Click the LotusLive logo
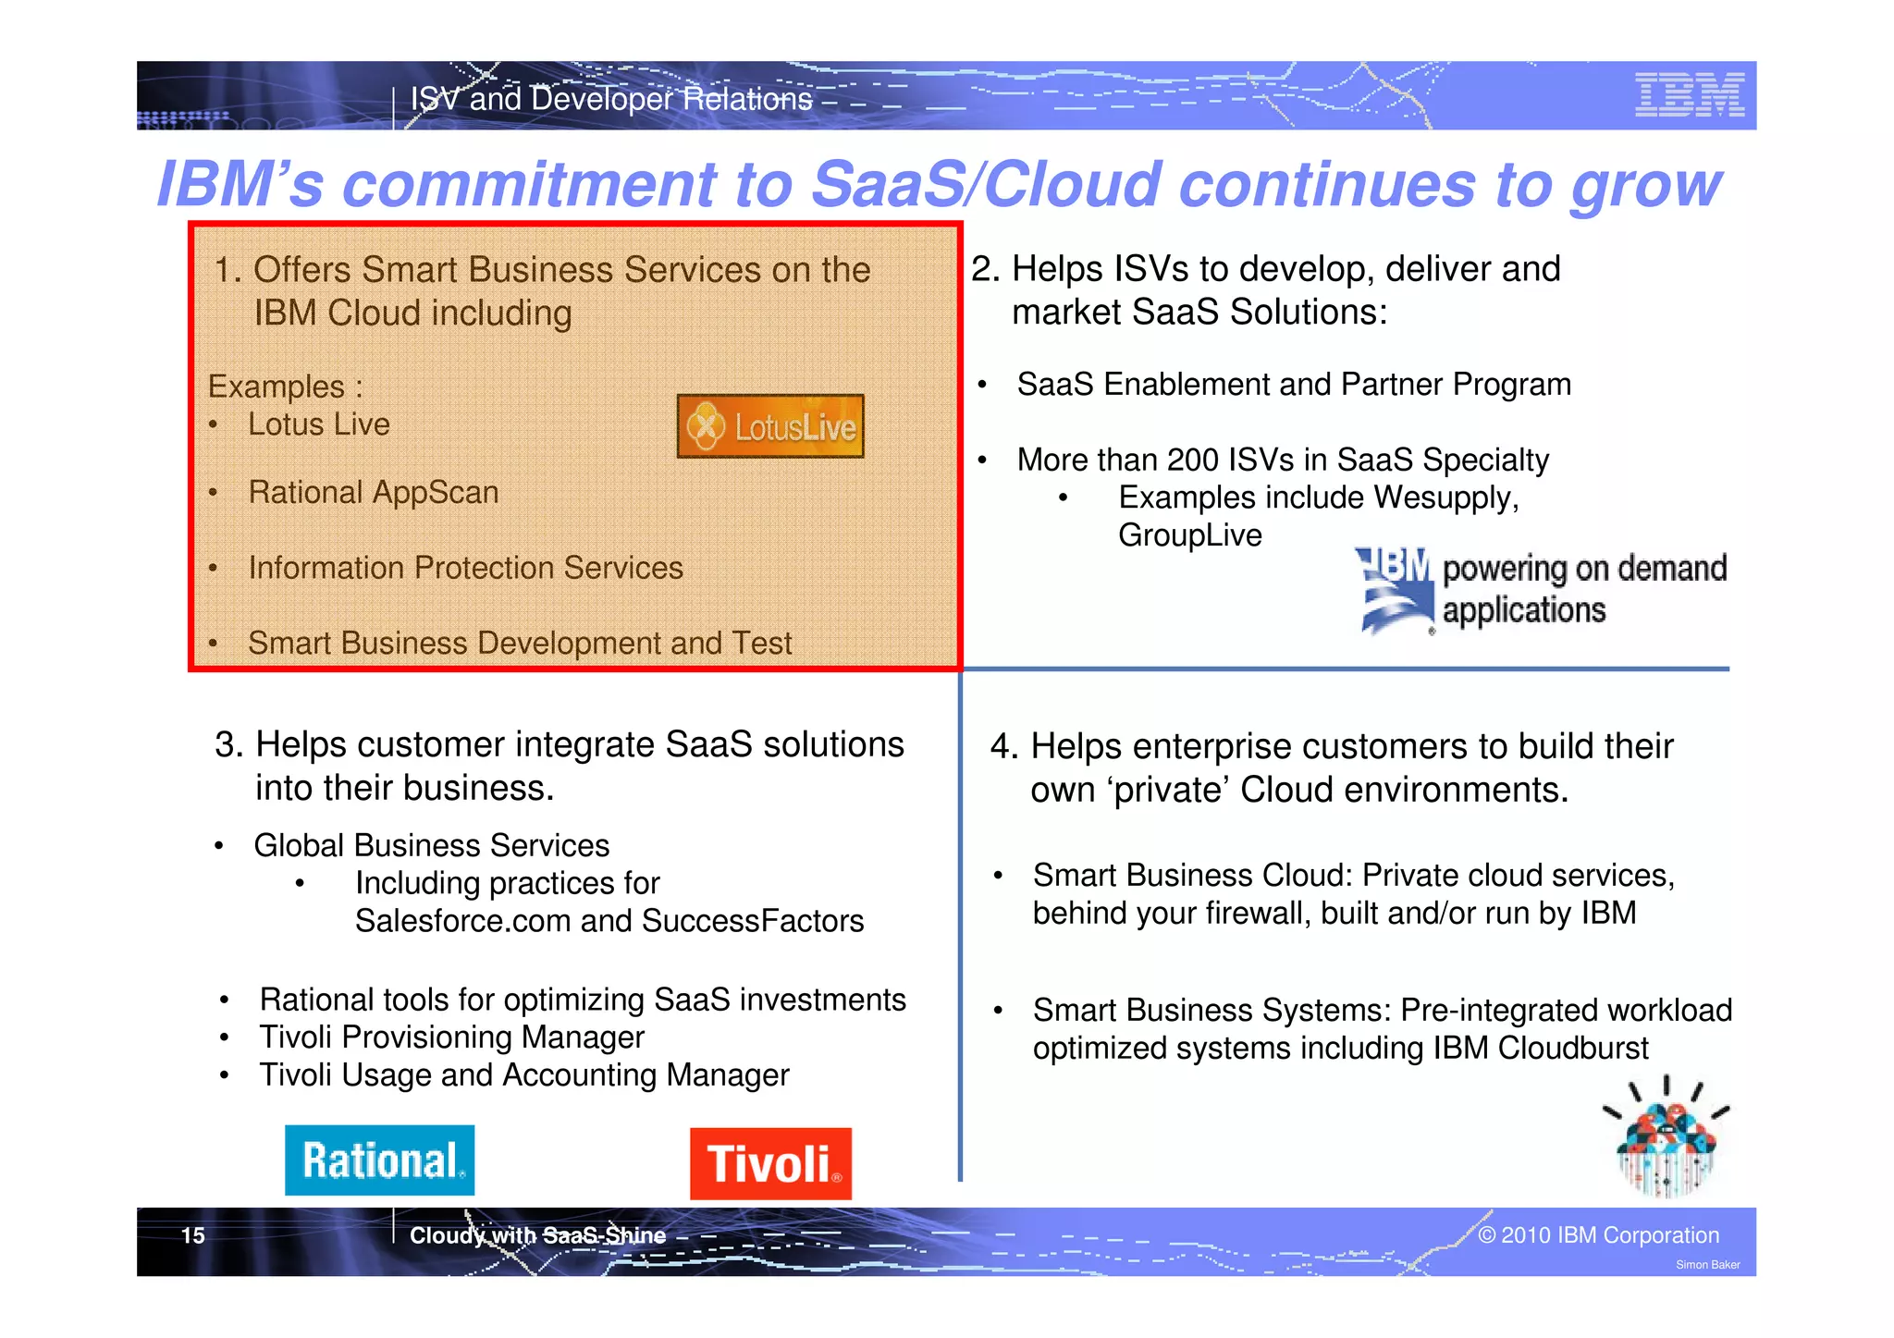(770, 426)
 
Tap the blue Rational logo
(379, 1160)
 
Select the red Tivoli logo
(770, 1163)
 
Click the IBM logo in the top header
(1689, 95)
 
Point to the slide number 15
(192, 1235)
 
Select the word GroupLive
(1189, 535)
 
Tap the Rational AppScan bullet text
(374, 492)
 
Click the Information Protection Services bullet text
(465, 568)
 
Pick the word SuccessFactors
(753, 921)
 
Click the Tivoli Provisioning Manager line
(451, 1037)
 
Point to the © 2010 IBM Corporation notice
(1598, 1235)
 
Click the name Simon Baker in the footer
(1707, 1265)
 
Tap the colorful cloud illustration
(1665, 1139)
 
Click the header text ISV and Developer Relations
(611, 99)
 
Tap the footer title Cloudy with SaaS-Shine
(537, 1235)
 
